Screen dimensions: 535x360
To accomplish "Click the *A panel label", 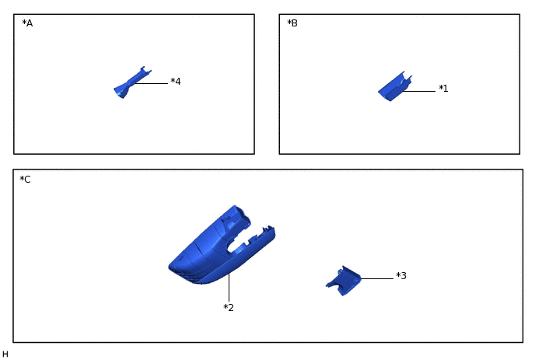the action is (x=27, y=23).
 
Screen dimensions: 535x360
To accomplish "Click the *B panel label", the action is (x=292, y=23).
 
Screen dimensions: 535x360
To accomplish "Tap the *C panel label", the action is (x=25, y=179).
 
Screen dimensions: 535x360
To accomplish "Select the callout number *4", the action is (x=176, y=81).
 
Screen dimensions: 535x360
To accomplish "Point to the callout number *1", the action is (x=443, y=89).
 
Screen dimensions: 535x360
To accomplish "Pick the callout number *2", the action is (x=229, y=307).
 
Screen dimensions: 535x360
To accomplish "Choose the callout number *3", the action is (x=401, y=275).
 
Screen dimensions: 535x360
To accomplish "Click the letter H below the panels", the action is (x=5, y=355).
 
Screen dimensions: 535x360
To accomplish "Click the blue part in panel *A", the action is (x=131, y=82).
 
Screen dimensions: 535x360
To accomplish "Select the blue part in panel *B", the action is (x=394, y=87).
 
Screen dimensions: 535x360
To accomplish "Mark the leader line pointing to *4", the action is (x=152, y=83).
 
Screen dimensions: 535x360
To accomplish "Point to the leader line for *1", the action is (x=419, y=91).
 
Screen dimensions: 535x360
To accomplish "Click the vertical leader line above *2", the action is (x=229, y=288).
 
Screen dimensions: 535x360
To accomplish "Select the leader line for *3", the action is (x=377, y=279).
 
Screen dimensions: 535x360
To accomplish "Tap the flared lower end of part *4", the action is (x=120, y=92).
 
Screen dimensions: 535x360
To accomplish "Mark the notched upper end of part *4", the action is (x=145, y=70).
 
